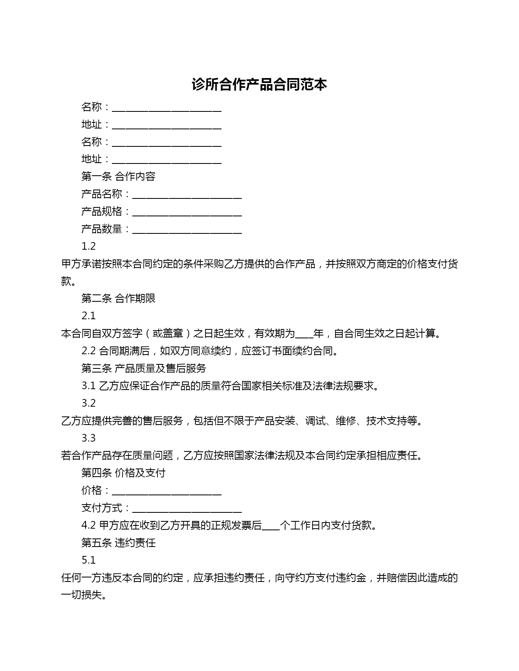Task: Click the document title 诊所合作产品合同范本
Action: (x=259, y=85)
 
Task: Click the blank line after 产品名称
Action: (x=187, y=195)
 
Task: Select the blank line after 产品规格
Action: (x=187, y=213)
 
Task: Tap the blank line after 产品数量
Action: (x=187, y=230)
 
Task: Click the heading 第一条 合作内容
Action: (x=118, y=176)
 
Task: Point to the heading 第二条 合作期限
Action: (x=118, y=298)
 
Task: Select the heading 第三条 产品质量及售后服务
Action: (x=144, y=368)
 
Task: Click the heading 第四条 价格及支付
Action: (x=123, y=473)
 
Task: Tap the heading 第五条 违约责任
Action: (x=118, y=543)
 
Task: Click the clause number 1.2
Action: (x=88, y=246)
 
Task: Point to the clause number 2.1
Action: (x=88, y=316)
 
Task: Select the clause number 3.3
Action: (x=88, y=438)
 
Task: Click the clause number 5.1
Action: (x=88, y=560)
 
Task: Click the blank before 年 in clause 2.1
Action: (x=304, y=335)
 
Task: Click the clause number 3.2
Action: (x=88, y=403)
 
